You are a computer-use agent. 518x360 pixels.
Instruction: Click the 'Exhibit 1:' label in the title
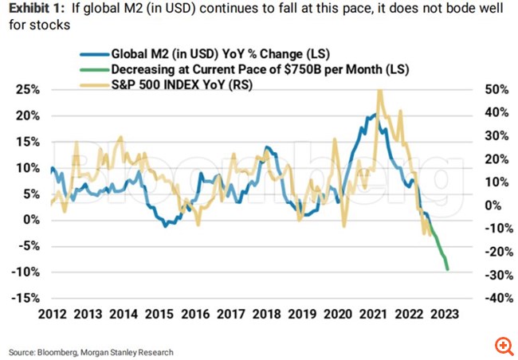coord(32,10)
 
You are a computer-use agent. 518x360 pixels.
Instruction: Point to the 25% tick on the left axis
coord(26,89)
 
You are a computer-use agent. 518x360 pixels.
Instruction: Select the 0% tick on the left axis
coord(29,220)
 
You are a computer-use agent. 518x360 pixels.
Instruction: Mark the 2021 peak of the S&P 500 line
coord(379,90)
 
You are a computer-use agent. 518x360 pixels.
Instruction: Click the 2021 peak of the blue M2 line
coord(373,115)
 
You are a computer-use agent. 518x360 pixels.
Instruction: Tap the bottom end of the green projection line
coord(448,269)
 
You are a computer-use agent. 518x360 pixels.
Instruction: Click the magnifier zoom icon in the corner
coord(503,345)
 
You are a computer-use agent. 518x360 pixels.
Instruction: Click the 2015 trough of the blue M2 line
coord(165,227)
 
